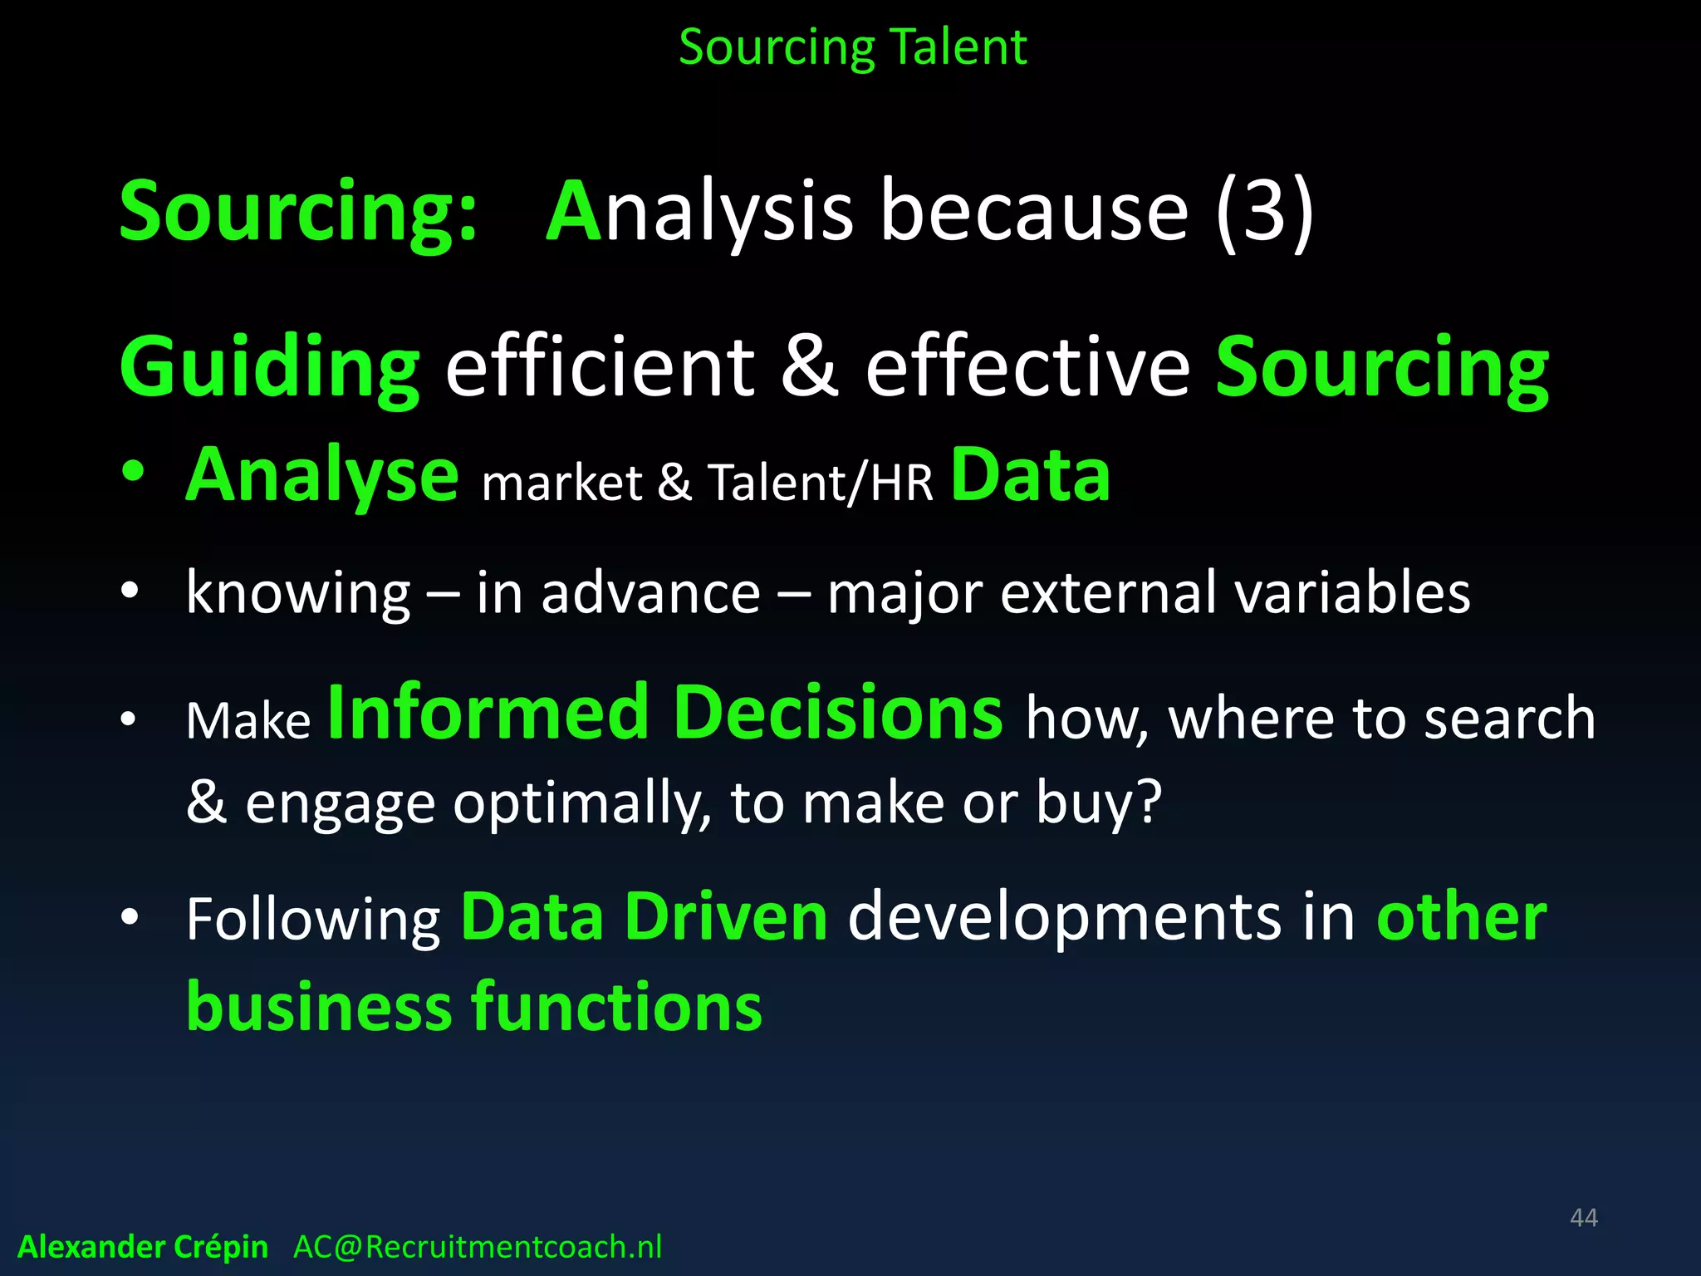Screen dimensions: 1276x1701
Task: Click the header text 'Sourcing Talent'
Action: pyautogui.click(x=852, y=47)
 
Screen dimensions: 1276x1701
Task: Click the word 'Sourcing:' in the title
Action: pyautogui.click(x=298, y=212)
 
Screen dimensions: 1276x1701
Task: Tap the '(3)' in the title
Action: pyautogui.click(x=1263, y=212)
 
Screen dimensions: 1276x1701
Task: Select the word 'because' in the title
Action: pyautogui.click(x=1034, y=212)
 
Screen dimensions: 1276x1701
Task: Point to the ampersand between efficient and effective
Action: pyautogui.click(x=809, y=366)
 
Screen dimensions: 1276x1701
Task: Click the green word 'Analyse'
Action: pyautogui.click(x=321, y=475)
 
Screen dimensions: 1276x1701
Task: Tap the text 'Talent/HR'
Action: pyautogui.click(x=820, y=483)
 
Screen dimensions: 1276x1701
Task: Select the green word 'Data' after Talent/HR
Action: pyautogui.click(x=1030, y=475)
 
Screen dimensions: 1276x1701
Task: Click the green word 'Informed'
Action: pyautogui.click(x=488, y=713)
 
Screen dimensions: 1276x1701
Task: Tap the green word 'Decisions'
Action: pyautogui.click(x=837, y=713)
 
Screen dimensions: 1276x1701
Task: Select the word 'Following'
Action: pyautogui.click(x=313, y=920)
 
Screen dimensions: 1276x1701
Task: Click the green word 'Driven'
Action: pyautogui.click(x=726, y=917)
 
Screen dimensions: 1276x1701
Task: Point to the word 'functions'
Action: pyautogui.click(x=617, y=1006)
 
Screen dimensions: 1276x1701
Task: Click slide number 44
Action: pyautogui.click(x=1583, y=1218)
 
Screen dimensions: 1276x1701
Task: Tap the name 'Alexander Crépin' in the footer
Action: pyautogui.click(x=143, y=1247)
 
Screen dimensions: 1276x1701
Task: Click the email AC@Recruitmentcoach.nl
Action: pyautogui.click(x=478, y=1247)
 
